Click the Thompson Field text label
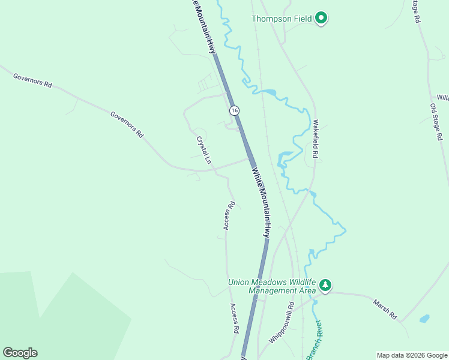point(282,19)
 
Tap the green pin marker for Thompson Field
point(321,19)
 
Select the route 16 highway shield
point(234,110)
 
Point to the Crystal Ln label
point(203,150)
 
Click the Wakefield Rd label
point(315,139)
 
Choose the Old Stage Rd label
point(436,122)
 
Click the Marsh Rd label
point(385,309)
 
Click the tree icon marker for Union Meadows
point(325,285)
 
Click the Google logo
point(20,353)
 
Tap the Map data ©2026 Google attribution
point(412,355)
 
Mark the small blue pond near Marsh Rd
point(424,319)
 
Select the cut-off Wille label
point(442,97)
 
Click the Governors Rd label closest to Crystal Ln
point(127,125)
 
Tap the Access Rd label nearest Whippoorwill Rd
point(235,318)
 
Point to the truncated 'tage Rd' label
point(416,11)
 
